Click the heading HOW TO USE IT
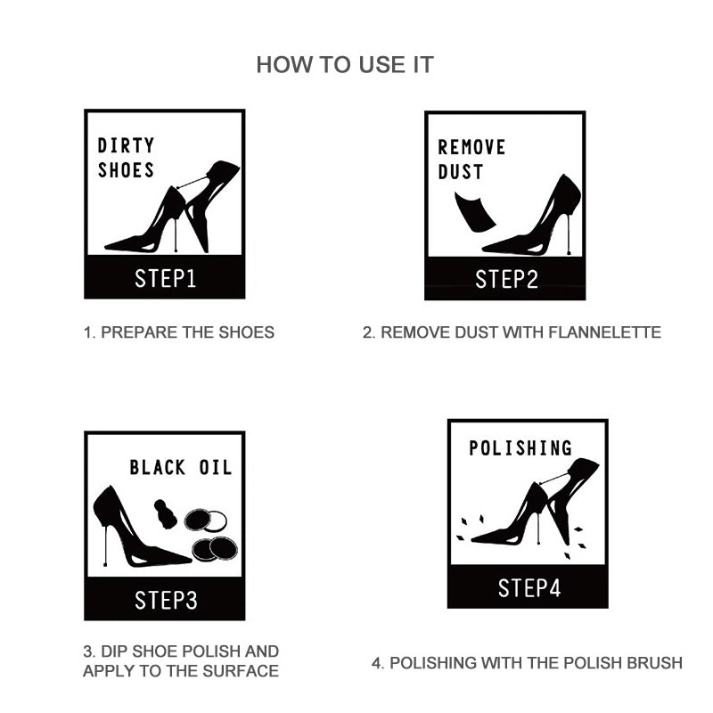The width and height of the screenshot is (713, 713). click(345, 64)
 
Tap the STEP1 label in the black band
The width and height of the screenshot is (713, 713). click(165, 278)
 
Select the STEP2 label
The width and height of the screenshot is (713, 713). click(506, 279)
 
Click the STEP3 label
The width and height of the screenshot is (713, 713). click(166, 600)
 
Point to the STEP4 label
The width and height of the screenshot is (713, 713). click(529, 588)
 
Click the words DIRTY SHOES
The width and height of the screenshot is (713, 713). click(126, 158)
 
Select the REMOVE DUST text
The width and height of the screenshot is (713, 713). click(471, 160)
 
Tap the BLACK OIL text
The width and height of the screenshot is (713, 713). click(181, 467)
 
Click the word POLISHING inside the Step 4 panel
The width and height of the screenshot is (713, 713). click(520, 448)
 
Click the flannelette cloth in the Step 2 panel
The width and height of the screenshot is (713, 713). click(474, 212)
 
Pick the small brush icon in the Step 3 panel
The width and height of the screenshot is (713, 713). click(166, 514)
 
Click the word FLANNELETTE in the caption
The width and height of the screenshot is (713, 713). click(604, 332)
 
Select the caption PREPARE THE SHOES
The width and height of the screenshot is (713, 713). click(187, 332)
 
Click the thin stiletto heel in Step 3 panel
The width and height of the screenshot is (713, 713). click(105, 545)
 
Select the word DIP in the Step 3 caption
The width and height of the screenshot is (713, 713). click(110, 652)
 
